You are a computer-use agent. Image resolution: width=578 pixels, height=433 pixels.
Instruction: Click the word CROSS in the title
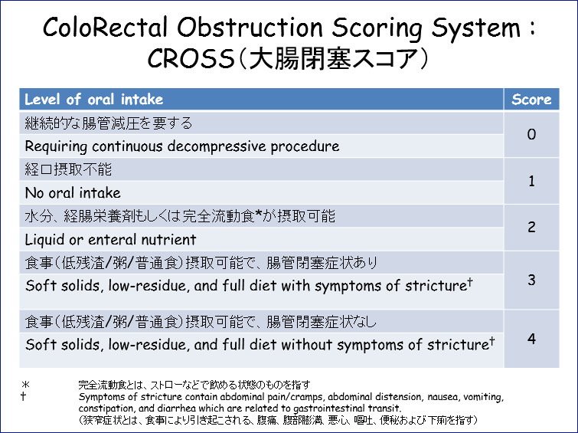click(x=191, y=58)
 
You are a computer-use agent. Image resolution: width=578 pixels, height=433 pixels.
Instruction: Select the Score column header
click(x=531, y=100)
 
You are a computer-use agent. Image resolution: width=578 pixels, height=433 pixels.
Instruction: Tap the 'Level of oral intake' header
click(x=93, y=100)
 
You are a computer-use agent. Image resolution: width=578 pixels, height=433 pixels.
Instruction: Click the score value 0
click(x=531, y=134)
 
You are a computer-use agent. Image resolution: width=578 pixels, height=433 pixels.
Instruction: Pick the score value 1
click(x=531, y=181)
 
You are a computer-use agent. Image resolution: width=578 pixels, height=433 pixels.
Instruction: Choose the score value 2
click(x=531, y=227)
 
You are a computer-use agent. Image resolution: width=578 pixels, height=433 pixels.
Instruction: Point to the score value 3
click(x=531, y=280)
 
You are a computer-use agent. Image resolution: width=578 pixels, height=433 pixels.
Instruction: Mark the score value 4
click(x=531, y=339)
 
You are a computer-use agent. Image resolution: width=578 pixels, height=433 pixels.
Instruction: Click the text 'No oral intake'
click(x=73, y=192)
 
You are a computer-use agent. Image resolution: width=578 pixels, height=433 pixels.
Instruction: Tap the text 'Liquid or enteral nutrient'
click(x=110, y=240)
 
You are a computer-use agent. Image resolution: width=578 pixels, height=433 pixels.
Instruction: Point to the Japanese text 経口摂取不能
click(x=68, y=169)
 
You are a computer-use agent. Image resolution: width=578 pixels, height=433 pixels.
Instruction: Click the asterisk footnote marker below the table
click(x=25, y=384)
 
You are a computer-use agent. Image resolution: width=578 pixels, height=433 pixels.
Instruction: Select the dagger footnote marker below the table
click(x=23, y=396)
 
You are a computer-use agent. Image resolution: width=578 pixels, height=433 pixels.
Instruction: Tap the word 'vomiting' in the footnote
click(x=483, y=397)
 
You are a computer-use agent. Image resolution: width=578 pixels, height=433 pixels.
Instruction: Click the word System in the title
click(x=477, y=28)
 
